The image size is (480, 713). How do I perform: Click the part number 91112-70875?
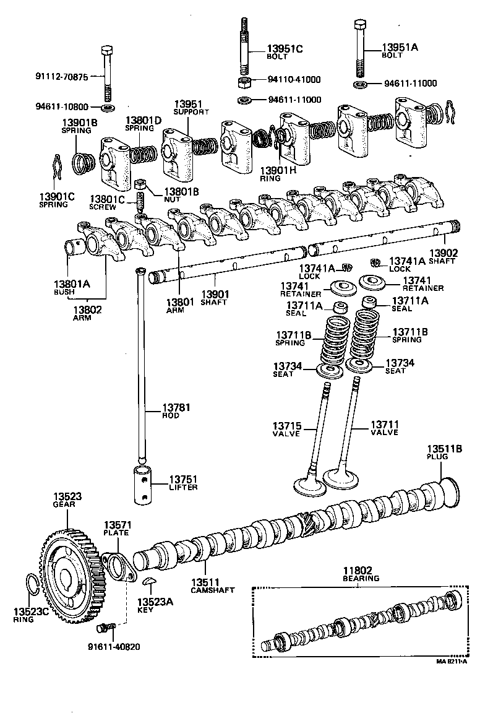point(62,77)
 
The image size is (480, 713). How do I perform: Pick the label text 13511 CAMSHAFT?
point(212,586)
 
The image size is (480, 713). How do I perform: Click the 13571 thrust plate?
point(120,566)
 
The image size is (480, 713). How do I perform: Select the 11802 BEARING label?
point(361,574)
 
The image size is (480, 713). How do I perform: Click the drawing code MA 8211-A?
point(451,660)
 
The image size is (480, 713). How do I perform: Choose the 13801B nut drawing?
point(140,184)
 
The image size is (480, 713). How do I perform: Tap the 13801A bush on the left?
point(75,248)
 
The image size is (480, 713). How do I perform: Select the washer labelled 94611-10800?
point(106,108)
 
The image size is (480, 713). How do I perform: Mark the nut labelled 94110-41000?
point(244,80)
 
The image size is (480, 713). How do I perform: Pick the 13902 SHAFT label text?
point(443,256)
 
